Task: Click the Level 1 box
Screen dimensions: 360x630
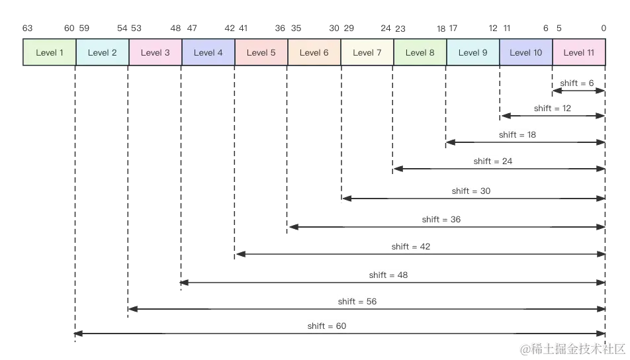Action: pyautogui.click(x=50, y=52)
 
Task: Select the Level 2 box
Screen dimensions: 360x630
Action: pyautogui.click(x=103, y=52)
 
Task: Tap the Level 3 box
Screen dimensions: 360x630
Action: pyautogui.click(x=156, y=52)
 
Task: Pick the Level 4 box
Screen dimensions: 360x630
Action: pyautogui.click(x=208, y=52)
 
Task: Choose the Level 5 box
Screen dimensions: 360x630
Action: pyautogui.click(x=261, y=52)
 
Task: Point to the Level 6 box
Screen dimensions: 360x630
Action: pyautogui.click(x=314, y=52)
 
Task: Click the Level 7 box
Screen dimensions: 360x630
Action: pyautogui.click(x=367, y=52)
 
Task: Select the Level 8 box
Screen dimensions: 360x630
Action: pyautogui.click(x=420, y=52)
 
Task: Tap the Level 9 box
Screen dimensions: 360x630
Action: pyautogui.click(x=473, y=52)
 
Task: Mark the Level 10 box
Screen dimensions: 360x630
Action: pyautogui.click(x=526, y=52)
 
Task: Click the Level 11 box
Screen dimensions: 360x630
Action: pyautogui.click(x=579, y=52)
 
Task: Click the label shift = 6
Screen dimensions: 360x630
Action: pyautogui.click(x=577, y=83)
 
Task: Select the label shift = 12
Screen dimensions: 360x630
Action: pyautogui.click(x=552, y=108)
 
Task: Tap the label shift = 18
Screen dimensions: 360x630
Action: pyautogui.click(x=518, y=134)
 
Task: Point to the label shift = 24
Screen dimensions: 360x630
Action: pyautogui.click(x=492, y=161)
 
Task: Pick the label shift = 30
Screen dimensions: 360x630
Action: pyautogui.click(x=471, y=191)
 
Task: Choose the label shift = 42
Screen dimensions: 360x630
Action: pyautogui.click(x=410, y=246)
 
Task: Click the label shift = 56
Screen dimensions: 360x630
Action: pyautogui.click(x=357, y=301)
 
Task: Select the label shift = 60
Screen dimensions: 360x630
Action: pyautogui.click(x=327, y=326)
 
